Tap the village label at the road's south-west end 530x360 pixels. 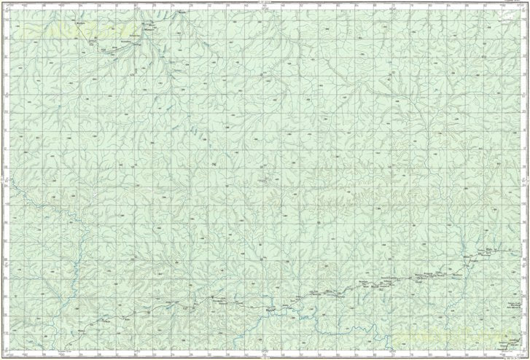[81, 329]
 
